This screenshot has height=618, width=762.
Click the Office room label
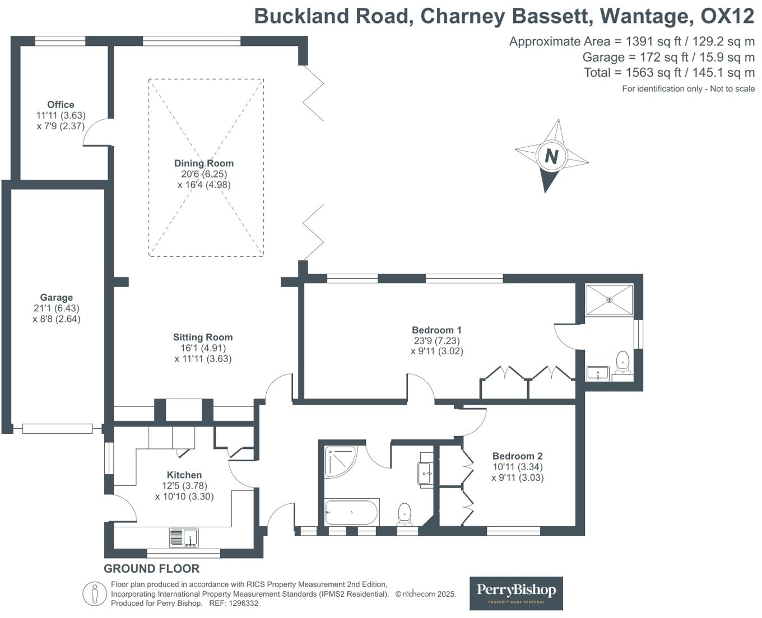[61, 105]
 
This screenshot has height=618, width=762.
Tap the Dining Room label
[204, 163]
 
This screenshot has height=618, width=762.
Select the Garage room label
[56, 298]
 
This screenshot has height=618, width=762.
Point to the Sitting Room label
[203, 337]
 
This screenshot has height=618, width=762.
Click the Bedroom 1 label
[436, 330]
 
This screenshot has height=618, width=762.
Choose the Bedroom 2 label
[517, 456]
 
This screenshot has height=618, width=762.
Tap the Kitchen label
[184, 475]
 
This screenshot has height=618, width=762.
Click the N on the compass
[551, 156]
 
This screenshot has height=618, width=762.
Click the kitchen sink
[184, 538]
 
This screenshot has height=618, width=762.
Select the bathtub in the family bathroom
[352, 512]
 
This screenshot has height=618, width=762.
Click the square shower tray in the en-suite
[609, 299]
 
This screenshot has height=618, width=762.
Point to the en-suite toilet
[622, 362]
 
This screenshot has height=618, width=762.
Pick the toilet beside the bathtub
[405, 514]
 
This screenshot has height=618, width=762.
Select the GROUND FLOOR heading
[151, 569]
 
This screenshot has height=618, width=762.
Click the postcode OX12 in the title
[727, 16]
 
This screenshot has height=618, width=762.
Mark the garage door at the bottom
[57, 429]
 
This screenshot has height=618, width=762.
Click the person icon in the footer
[95, 594]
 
